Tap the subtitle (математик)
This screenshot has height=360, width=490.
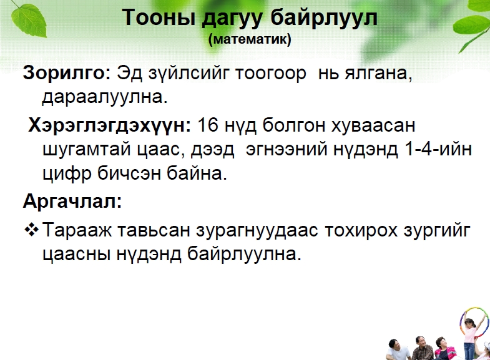tap(250, 39)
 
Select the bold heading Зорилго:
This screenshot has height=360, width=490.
tap(67, 73)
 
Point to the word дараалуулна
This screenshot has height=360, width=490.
tap(105, 97)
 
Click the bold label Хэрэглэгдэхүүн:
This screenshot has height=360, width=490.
tap(109, 126)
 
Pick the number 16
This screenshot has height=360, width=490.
tap(207, 125)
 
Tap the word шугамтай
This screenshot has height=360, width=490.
tap(86, 150)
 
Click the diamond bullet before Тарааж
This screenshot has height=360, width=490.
tap(31, 230)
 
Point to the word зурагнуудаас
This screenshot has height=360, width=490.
tap(257, 231)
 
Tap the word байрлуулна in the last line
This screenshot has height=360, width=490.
tap(244, 254)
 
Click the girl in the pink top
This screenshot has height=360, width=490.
tap(469, 336)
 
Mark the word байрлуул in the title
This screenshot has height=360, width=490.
tap(324, 18)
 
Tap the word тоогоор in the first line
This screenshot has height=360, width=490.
tap(271, 74)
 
